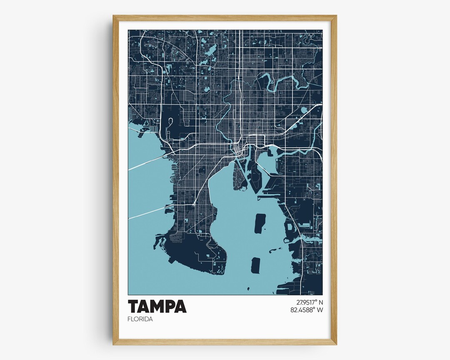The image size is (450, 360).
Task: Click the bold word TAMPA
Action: click(x=157, y=306)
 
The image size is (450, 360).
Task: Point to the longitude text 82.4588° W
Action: click(x=307, y=310)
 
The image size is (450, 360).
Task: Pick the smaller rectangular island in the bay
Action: click(x=255, y=265)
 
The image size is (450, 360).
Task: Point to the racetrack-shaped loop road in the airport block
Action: click(x=170, y=122)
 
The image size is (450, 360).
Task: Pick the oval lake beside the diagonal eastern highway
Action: click(x=304, y=110)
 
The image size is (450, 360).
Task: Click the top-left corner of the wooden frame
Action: click(x=113, y=16)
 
